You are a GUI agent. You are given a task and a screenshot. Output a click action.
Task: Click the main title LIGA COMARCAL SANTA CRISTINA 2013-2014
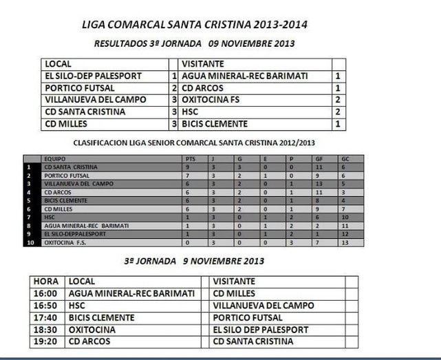pyautogui.click(x=194, y=25)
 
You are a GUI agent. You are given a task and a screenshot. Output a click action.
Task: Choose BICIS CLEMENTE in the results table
pyautogui.click(x=214, y=124)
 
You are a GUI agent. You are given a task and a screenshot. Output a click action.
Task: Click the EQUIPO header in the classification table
pyautogui.click(x=54, y=158)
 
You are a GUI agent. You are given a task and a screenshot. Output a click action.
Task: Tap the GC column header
pyautogui.click(x=345, y=158)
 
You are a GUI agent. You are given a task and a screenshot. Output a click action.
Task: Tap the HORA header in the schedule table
pyautogui.click(x=45, y=282)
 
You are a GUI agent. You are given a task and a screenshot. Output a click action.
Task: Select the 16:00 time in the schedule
pyautogui.click(x=45, y=293)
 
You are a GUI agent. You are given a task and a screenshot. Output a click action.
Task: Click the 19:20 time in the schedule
pyautogui.click(x=45, y=341)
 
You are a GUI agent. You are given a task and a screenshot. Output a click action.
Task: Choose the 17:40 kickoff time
pyautogui.click(x=45, y=317)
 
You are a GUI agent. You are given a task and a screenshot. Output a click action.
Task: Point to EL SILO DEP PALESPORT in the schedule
pyautogui.click(x=261, y=330)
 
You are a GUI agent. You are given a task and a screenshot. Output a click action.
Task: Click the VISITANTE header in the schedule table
pyautogui.click(x=235, y=282)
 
